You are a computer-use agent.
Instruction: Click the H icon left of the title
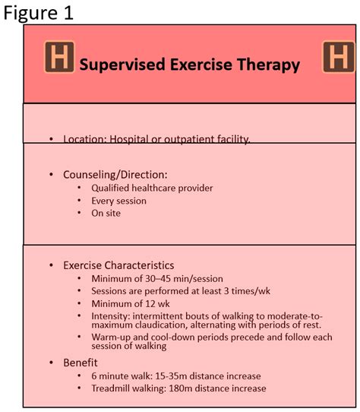[59, 57]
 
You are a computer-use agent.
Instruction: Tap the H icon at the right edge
[339, 57]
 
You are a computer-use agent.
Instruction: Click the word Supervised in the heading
[122, 65]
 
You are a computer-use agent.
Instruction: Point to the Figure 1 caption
[38, 13]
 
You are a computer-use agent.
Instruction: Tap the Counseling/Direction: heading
[115, 175]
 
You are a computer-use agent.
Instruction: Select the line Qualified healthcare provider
[152, 188]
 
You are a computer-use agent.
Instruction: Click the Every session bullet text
[119, 201]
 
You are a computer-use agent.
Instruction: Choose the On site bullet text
[106, 213]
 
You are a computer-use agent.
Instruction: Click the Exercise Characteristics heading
[118, 265]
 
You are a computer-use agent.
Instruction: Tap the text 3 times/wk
[247, 291]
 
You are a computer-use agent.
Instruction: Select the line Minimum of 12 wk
[131, 304]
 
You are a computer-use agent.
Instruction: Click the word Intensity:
[111, 316]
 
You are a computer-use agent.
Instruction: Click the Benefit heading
[81, 363]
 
